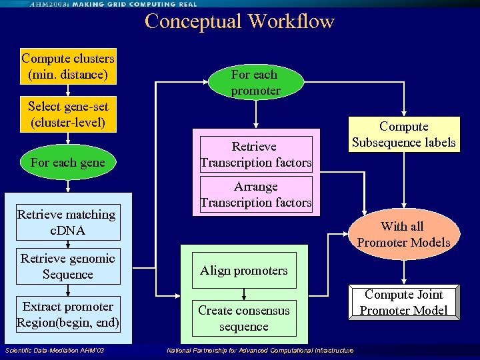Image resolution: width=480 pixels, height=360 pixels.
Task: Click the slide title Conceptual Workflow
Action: pos(239,21)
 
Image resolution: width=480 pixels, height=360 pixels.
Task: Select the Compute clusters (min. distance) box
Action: pos(68,66)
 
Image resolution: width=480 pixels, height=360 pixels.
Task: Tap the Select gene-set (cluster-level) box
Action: pos(68,114)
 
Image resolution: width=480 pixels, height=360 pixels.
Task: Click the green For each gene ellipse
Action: pos(68,162)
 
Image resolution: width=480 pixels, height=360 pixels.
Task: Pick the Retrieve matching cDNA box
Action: pos(68,222)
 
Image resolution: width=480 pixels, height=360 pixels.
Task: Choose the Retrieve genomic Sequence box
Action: pos(68,266)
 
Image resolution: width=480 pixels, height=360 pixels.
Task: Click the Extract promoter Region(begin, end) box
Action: pos(68,314)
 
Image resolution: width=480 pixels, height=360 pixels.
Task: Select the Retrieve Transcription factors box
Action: pos(255,154)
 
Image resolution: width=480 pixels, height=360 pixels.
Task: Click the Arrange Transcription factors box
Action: pos(255,194)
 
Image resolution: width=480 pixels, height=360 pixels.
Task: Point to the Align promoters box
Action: pos(244,270)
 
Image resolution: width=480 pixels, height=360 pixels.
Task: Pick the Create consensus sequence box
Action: pos(244,318)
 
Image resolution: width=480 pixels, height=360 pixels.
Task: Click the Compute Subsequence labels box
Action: pos(404,134)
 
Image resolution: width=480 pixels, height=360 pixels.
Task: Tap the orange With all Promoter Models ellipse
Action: pos(404,234)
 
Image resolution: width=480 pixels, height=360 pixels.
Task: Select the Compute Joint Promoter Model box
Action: pos(404,302)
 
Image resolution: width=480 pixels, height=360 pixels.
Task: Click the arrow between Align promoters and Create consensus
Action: pos(245,293)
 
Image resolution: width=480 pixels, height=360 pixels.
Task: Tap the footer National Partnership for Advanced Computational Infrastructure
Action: pos(261,351)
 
